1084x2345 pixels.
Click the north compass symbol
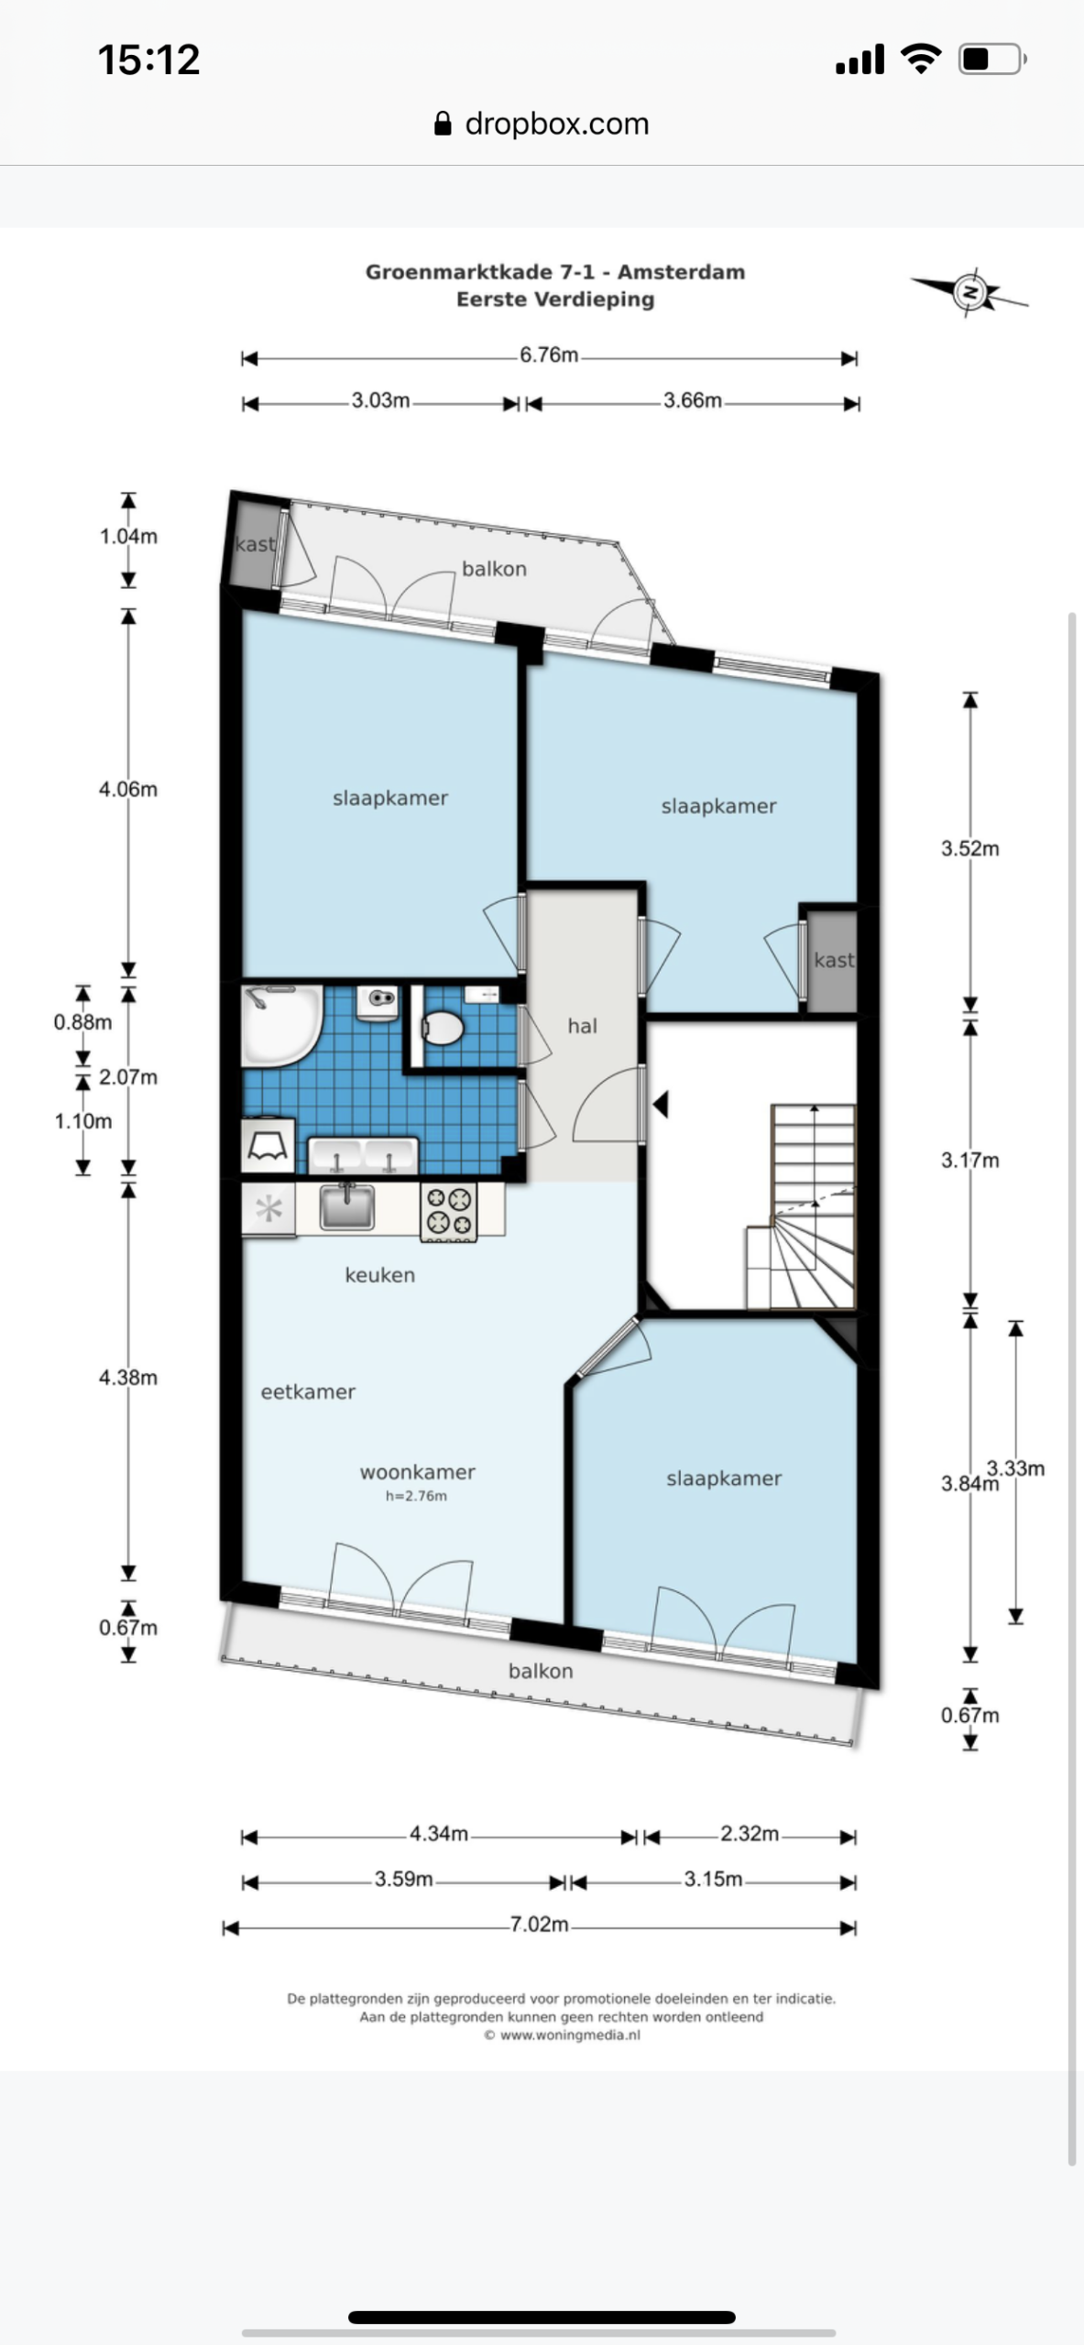[x=969, y=293]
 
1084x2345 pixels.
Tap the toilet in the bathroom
[x=442, y=1027]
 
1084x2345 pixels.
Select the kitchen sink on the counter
[x=347, y=1206]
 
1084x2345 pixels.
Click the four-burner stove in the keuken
[x=448, y=1212]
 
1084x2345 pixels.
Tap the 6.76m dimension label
[x=549, y=355]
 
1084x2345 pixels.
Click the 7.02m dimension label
[x=539, y=1925]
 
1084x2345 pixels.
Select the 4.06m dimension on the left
[x=128, y=790]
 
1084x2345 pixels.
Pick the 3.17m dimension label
[x=969, y=1161]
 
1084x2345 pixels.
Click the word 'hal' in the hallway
[x=583, y=1026]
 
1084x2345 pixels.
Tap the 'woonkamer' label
[x=418, y=1472]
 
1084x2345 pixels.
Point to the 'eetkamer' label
[x=308, y=1392]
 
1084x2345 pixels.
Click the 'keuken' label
[x=380, y=1275]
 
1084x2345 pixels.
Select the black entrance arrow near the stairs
[x=660, y=1105]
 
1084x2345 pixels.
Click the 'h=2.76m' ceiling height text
[x=416, y=1496]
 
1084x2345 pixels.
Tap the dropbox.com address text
[x=557, y=124]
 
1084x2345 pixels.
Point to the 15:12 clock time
[x=148, y=60]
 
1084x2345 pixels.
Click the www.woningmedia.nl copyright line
[x=562, y=2035]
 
